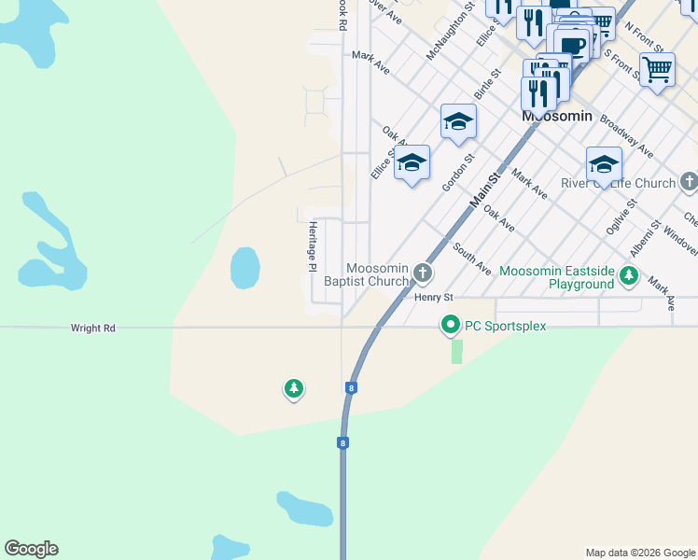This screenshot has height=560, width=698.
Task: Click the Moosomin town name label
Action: click(x=557, y=116)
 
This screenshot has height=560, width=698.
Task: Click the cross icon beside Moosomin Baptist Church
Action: click(x=423, y=273)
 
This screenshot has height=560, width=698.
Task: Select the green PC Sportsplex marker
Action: click(x=451, y=326)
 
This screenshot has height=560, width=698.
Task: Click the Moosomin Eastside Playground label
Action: click(x=555, y=277)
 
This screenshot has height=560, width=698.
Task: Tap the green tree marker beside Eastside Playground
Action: click(x=629, y=276)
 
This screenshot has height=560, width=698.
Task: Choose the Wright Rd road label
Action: click(x=93, y=329)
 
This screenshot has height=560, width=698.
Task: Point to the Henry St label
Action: click(x=433, y=298)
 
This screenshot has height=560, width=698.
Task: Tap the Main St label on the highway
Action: click(x=485, y=187)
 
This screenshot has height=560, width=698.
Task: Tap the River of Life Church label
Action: click(x=618, y=183)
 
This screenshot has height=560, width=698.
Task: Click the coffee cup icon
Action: click(x=573, y=43)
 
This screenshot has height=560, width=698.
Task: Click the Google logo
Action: click(x=32, y=549)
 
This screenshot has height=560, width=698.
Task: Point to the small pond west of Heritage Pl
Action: click(x=244, y=268)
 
